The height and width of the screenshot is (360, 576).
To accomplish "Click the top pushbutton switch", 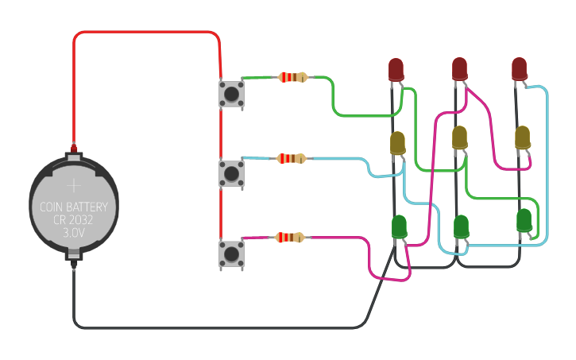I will [231, 94].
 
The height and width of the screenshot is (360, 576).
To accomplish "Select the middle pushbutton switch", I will [231, 172].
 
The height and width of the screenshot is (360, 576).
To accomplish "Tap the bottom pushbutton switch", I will [231, 254].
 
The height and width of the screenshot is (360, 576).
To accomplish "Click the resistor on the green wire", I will [292, 77].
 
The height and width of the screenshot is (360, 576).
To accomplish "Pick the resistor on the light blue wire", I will [292, 158].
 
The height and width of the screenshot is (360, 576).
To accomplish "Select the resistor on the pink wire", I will [290, 237].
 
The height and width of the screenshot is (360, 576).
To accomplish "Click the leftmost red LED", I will [396, 69].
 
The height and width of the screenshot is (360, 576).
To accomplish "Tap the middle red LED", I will [459, 69].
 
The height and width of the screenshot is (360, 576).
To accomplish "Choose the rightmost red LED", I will [520, 68].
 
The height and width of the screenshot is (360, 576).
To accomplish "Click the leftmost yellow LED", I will [398, 143].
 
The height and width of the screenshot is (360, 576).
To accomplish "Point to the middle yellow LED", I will [459, 137].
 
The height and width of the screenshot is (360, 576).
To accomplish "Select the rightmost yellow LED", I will [522, 137].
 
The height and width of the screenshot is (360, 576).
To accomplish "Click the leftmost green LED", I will [399, 226].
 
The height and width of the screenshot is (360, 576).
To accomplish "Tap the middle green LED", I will [461, 226].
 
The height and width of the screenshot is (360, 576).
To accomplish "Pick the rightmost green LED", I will [524, 220].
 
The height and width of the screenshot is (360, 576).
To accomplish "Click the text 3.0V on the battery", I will [74, 233].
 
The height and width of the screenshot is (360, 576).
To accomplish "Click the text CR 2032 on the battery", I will [74, 220].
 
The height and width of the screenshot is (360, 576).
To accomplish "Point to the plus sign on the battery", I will [74, 185].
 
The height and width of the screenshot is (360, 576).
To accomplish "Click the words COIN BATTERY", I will [74, 207].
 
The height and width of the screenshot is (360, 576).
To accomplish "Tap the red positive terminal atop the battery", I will [74, 148].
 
